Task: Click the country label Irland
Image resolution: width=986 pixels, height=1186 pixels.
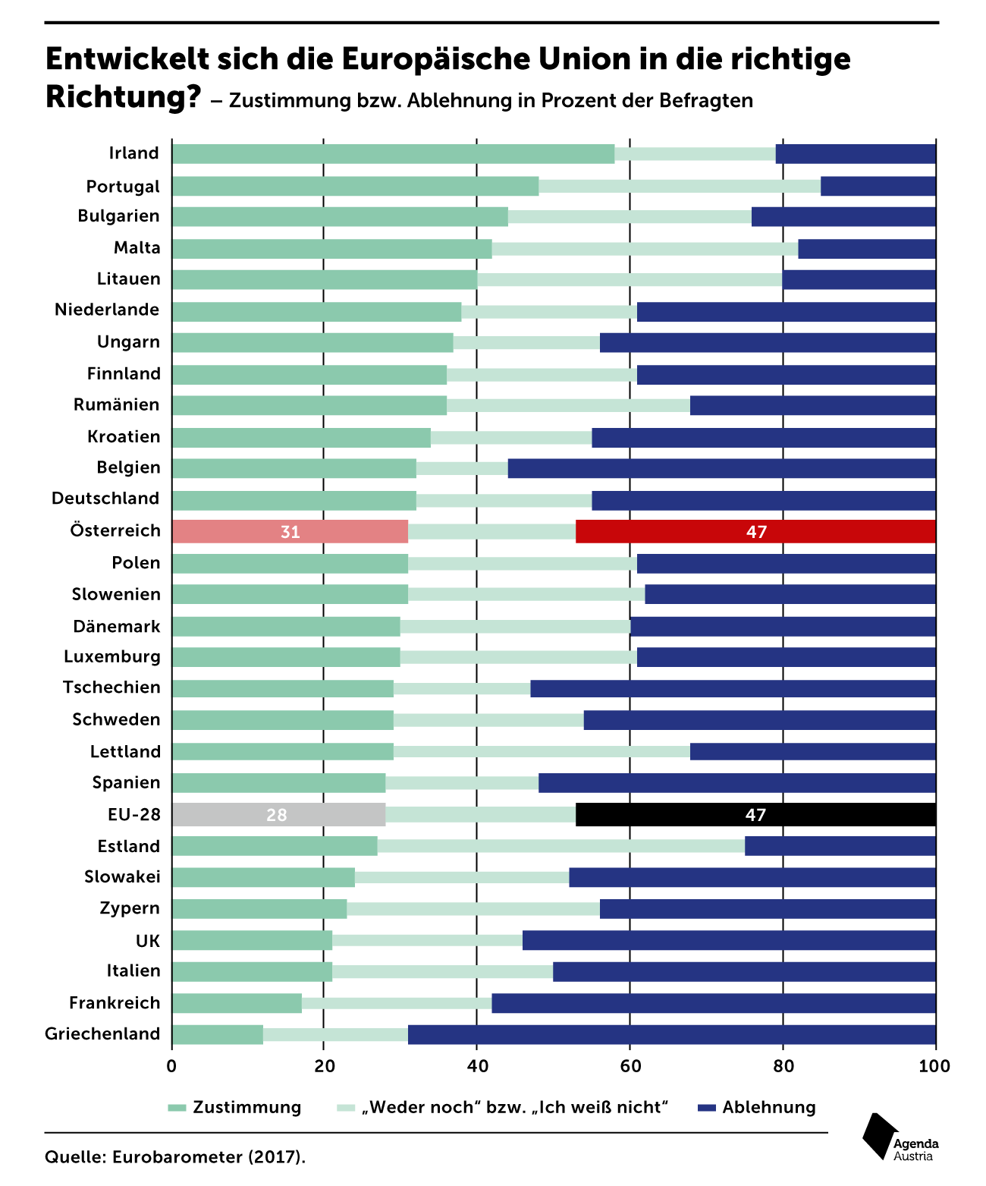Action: tap(133, 153)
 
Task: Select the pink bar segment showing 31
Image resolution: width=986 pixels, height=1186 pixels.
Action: tap(290, 532)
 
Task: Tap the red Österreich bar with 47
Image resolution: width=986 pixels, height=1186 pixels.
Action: tap(755, 532)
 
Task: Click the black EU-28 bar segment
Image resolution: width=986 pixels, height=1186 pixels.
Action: tap(755, 814)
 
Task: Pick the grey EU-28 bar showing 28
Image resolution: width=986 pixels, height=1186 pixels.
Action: tap(278, 814)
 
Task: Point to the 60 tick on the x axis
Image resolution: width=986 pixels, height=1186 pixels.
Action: tap(630, 1066)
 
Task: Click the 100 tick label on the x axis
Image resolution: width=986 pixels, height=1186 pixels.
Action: tap(934, 1066)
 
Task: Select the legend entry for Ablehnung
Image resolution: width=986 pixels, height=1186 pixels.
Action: tap(757, 1107)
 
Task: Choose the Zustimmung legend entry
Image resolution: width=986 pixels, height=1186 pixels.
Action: tap(234, 1107)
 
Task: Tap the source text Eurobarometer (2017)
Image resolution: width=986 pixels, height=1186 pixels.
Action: tap(209, 1157)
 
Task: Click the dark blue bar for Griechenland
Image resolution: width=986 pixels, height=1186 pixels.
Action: tap(671, 1034)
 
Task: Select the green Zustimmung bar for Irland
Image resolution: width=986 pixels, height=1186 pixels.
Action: tap(393, 154)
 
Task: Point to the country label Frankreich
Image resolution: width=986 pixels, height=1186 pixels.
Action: tap(115, 1003)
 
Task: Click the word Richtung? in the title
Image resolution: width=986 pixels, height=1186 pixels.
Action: tap(123, 97)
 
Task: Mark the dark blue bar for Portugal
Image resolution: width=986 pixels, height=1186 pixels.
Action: tap(878, 187)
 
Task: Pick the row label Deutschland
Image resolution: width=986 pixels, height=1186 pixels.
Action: tap(105, 499)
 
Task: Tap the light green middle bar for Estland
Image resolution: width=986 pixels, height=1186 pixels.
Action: tap(561, 846)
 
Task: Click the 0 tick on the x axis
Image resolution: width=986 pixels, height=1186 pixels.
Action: tap(171, 1066)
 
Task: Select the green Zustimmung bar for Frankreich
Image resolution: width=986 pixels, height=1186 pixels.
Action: tap(237, 1003)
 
